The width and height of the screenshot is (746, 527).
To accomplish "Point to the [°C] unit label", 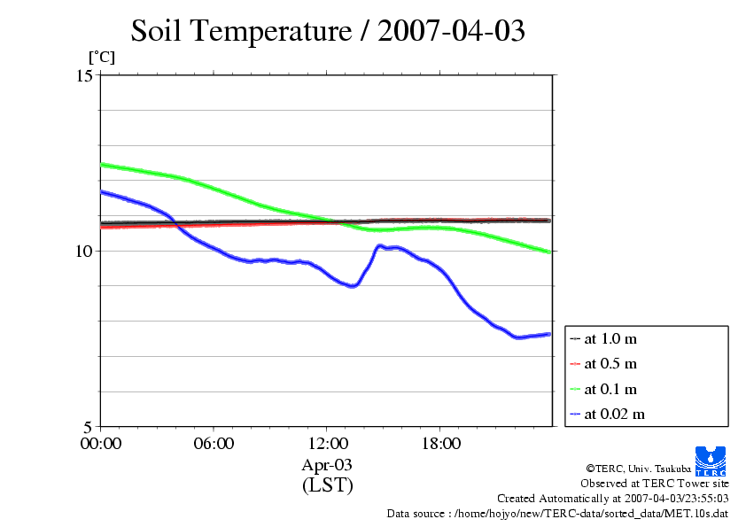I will pyautogui.click(x=101, y=58).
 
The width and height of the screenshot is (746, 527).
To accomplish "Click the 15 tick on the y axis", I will pyautogui.click(x=84, y=75).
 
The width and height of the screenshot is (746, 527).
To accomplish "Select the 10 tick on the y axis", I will pyautogui.click(x=84, y=251).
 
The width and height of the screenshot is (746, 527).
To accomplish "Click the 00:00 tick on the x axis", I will pyautogui.click(x=100, y=443).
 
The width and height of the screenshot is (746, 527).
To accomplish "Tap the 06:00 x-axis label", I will pyautogui.click(x=214, y=443).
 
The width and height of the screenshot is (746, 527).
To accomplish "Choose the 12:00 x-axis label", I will pyautogui.click(x=327, y=443).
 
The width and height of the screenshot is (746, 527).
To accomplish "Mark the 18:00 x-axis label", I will pyautogui.click(x=440, y=443).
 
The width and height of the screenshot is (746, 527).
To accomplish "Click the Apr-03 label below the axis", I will pyautogui.click(x=327, y=464).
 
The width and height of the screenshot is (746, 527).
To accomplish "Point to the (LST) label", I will pyautogui.click(x=327, y=485).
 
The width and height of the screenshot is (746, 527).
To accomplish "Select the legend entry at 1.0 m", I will pyautogui.click(x=610, y=338).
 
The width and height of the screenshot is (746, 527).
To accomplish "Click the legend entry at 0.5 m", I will pyautogui.click(x=610, y=363).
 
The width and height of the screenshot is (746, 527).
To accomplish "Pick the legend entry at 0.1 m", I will pyautogui.click(x=610, y=389).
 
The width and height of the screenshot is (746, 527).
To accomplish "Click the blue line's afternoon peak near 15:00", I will pyautogui.click(x=380, y=245).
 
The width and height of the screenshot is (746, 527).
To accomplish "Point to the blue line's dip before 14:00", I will pyautogui.click(x=353, y=286).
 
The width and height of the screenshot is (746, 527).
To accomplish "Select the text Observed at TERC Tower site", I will pyautogui.click(x=655, y=484).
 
